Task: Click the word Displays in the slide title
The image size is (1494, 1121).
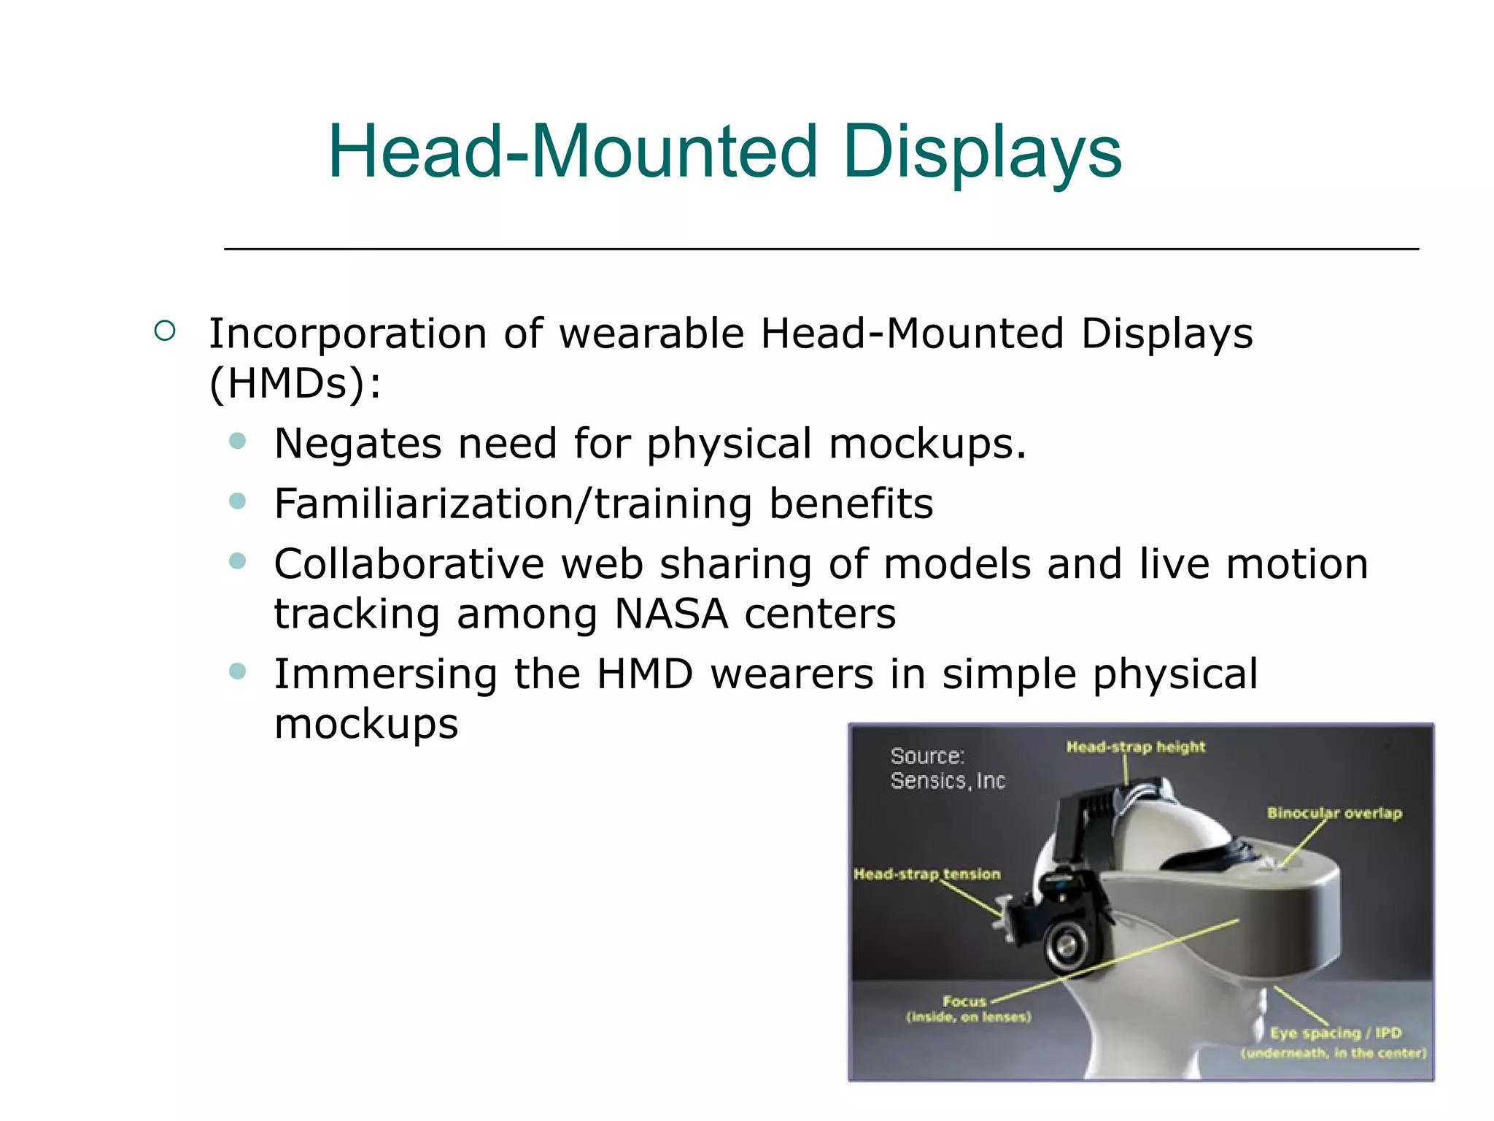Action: pyautogui.click(x=981, y=152)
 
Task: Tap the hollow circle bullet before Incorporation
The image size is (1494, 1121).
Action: pyautogui.click(x=166, y=331)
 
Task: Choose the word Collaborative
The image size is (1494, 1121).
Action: pyautogui.click(x=409, y=564)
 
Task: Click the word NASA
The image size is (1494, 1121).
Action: pyautogui.click(x=671, y=614)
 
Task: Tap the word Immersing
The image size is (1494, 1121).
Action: pyautogui.click(x=386, y=674)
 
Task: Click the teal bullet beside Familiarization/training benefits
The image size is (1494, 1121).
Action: pyautogui.click(x=237, y=501)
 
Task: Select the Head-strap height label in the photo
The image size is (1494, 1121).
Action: pyautogui.click(x=1135, y=747)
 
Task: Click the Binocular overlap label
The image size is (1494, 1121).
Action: pyautogui.click(x=1334, y=813)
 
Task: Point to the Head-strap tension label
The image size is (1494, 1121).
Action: pyautogui.click(x=926, y=874)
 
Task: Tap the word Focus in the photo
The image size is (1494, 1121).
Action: pyautogui.click(x=964, y=1001)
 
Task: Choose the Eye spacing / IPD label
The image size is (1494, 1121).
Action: pyautogui.click(x=1335, y=1033)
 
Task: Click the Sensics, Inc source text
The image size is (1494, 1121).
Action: pyautogui.click(x=948, y=781)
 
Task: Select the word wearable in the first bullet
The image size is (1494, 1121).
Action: pyautogui.click(x=651, y=334)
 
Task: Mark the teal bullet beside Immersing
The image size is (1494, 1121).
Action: pyautogui.click(x=237, y=671)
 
